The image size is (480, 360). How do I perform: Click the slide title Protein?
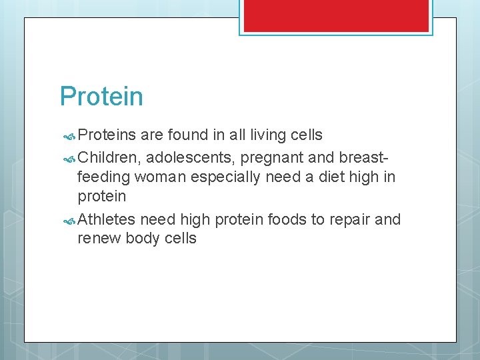tap(101, 97)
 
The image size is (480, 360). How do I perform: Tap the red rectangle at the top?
tap(335, 15)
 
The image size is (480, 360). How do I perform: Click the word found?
tap(187, 135)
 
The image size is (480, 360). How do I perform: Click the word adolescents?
tap(191, 158)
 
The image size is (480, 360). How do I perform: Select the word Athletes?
tap(107, 219)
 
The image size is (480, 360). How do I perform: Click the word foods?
tap(285, 219)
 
